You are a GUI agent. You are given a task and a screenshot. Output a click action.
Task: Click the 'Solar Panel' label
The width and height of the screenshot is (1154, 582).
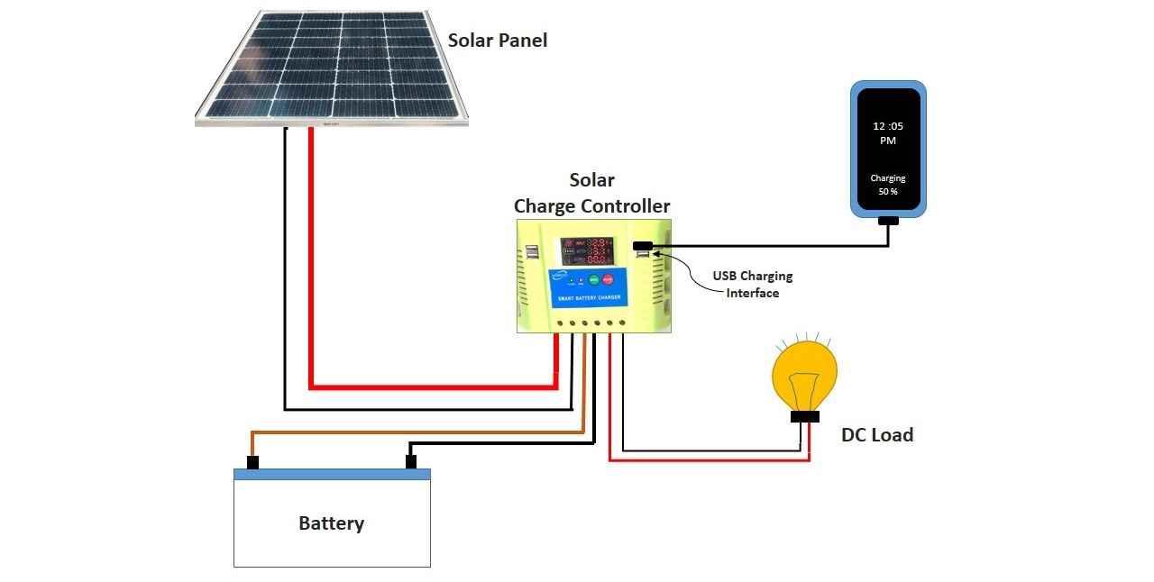(x=497, y=41)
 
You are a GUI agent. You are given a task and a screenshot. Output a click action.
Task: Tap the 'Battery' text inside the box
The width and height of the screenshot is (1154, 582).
(x=331, y=523)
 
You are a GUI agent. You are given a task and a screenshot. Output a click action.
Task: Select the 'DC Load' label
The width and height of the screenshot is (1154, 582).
(x=876, y=435)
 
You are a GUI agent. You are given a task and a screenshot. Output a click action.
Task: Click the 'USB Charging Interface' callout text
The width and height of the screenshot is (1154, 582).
(x=752, y=284)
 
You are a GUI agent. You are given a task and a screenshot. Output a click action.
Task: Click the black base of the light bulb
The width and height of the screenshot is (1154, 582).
(x=804, y=416)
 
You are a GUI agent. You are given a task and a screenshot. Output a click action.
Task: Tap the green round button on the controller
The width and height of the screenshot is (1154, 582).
(x=593, y=279)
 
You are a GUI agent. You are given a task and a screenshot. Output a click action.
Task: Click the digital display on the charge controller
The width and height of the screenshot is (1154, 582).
(x=585, y=250)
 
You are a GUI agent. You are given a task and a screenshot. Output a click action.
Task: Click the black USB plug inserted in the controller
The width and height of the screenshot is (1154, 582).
(x=643, y=246)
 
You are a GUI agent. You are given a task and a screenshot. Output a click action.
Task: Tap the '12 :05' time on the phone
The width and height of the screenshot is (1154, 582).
(x=888, y=126)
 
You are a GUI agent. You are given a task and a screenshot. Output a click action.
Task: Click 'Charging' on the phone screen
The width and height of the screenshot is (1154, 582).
(x=888, y=178)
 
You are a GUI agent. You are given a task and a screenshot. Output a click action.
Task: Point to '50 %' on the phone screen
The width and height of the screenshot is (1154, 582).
(x=888, y=193)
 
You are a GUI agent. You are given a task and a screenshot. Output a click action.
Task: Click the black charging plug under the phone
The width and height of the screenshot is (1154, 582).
(x=888, y=221)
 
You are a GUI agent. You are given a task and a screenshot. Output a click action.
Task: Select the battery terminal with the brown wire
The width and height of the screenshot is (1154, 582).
(x=252, y=462)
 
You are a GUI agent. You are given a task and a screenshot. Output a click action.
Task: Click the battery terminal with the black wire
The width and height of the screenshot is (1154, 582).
(x=410, y=462)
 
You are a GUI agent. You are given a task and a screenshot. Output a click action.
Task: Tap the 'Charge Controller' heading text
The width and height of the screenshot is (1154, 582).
(x=591, y=206)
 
